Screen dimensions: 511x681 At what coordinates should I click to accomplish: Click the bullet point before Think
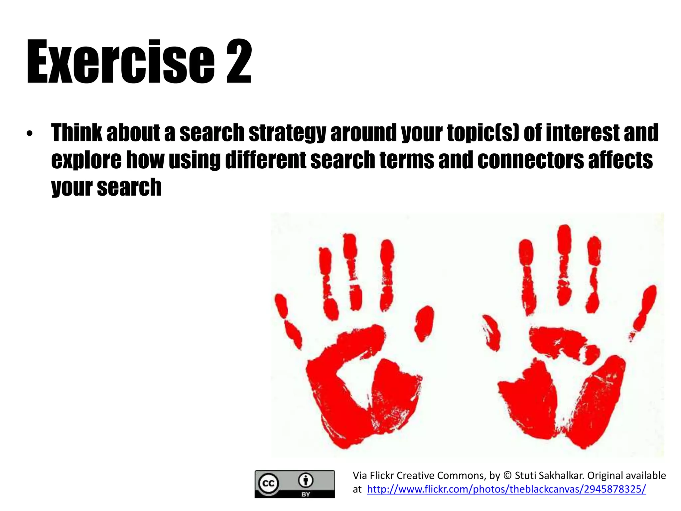click(x=30, y=134)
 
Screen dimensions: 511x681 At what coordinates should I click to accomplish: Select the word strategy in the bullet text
click(x=287, y=133)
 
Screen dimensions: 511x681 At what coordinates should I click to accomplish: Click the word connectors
click(x=530, y=160)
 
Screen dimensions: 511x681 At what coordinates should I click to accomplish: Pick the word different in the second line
click(x=265, y=160)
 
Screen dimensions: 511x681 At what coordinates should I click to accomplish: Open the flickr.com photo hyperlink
click(x=506, y=489)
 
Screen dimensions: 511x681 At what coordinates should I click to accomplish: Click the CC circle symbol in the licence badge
click(x=268, y=483)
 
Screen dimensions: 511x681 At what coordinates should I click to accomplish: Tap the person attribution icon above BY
click(x=306, y=480)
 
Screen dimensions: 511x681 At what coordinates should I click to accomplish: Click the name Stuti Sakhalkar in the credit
click(x=548, y=475)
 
